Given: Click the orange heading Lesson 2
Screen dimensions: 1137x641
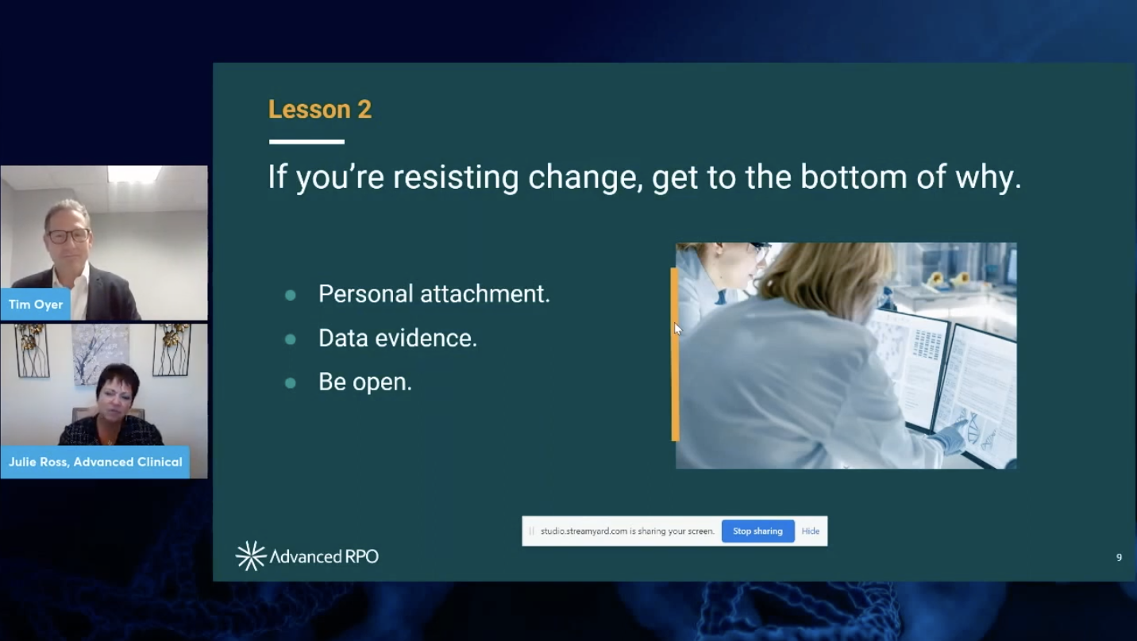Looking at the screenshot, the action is coord(320,109).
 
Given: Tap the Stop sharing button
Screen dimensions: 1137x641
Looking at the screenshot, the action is coord(757,531).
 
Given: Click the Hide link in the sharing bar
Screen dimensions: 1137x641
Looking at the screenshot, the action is coord(810,531).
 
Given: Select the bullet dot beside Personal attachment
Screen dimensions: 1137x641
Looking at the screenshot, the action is coord(291,295).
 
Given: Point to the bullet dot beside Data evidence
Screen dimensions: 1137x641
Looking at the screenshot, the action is coord(291,339).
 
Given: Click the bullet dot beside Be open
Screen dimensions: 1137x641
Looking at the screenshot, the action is coord(291,383).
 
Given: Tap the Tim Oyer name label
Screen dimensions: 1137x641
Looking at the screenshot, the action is coord(36,305).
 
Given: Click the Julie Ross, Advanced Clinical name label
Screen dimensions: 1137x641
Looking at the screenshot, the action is coord(95,462).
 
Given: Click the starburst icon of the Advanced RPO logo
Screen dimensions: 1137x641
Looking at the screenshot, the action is coord(250,556).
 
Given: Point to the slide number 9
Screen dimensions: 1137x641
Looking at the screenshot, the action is coord(1119,558).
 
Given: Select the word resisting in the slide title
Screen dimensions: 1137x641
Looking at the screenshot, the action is coord(455,178).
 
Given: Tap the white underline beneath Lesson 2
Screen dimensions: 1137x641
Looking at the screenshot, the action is coord(306,142).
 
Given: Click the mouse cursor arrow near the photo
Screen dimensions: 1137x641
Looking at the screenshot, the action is coord(677,328).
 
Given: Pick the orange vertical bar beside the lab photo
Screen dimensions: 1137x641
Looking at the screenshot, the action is coord(675,355).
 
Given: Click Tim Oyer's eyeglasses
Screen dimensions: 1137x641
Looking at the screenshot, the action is coord(69,236).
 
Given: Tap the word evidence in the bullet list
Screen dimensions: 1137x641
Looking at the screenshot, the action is coord(426,338).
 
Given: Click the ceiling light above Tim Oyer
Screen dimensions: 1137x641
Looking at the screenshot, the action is coord(133,174).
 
